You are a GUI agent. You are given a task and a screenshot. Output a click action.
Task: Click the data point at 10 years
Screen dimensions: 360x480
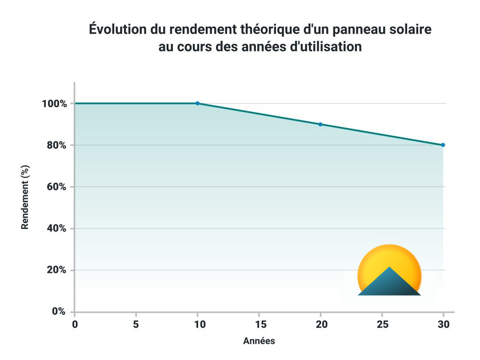[197, 103]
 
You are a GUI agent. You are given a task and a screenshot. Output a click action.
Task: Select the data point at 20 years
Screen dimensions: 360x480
[320, 124]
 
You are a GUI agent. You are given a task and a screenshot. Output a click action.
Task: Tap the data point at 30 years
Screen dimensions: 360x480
[443, 145]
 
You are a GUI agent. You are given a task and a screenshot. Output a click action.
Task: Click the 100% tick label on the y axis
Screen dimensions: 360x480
[54, 104]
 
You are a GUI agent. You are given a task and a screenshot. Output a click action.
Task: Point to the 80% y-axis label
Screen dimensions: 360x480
[56, 145]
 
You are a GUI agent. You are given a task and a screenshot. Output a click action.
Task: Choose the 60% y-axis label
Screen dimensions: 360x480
[56, 187]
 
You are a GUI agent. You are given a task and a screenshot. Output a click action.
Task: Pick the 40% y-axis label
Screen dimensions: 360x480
[56, 228]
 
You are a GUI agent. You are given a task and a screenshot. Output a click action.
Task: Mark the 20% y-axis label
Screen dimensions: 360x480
[56, 270]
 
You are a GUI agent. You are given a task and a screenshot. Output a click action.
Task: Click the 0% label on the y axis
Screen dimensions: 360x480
[59, 312]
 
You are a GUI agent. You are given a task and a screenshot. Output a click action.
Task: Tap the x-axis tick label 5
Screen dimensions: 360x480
[136, 324]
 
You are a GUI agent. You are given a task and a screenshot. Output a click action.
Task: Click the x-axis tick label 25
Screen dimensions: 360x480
[382, 324]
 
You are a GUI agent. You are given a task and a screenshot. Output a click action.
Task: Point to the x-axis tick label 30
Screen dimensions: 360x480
[443, 324]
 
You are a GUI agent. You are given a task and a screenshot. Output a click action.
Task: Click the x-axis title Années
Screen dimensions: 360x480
[259, 341]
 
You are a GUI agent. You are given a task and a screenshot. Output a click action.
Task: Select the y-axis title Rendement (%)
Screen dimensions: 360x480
[25, 197]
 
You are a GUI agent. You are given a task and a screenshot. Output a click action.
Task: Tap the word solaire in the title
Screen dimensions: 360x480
[409, 29]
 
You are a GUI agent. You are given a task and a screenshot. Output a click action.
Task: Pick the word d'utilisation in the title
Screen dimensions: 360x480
[325, 46]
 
